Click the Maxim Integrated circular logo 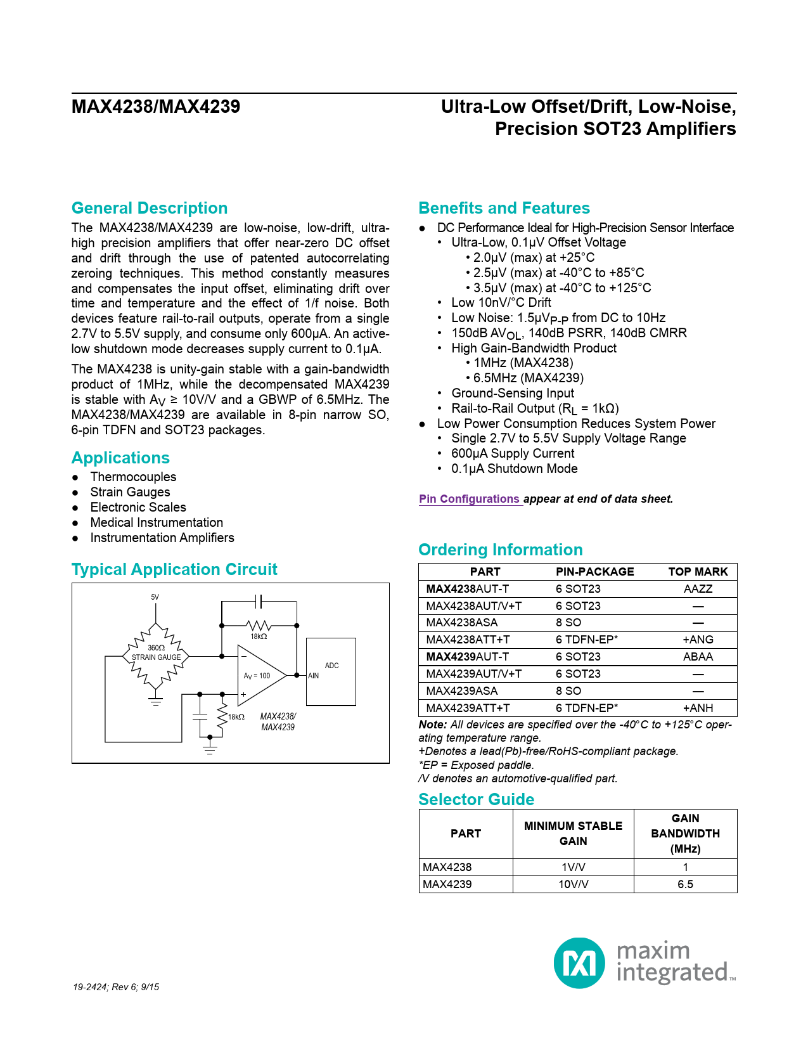click(x=579, y=962)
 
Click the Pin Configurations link click(x=469, y=499)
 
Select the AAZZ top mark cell click(x=698, y=589)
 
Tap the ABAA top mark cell click(x=698, y=657)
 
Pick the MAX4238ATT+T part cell click(x=468, y=640)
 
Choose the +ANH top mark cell click(x=698, y=708)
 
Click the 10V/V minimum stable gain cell click(x=573, y=884)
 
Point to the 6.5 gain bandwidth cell click(x=685, y=884)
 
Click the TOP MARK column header click(x=698, y=572)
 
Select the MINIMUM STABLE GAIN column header click(x=573, y=834)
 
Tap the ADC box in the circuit click(x=331, y=671)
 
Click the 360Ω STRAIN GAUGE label click(x=156, y=653)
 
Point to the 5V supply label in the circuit click(x=155, y=597)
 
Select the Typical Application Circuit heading click(x=174, y=569)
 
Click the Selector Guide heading click(x=476, y=799)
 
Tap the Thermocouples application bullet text click(x=133, y=477)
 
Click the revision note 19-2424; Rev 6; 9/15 click(x=116, y=987)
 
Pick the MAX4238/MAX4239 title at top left click(x=156, y=107)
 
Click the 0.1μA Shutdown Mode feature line click(x=514, y=468)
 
